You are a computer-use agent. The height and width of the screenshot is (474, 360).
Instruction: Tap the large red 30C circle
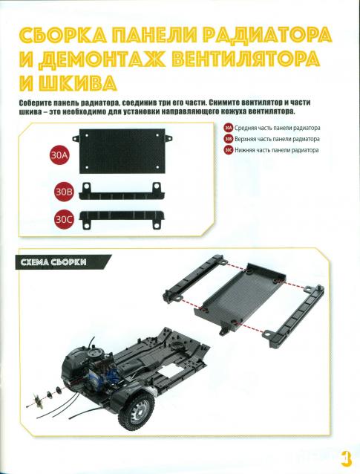point(64,219)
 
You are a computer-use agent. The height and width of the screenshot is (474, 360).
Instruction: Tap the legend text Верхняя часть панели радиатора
point(277,139)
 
